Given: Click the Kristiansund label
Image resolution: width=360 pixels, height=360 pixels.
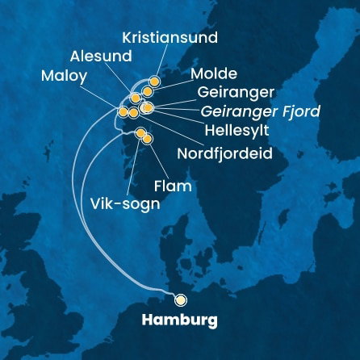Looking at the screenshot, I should (170, 38).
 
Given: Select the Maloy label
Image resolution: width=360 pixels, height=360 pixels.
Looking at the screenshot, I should (66, 76).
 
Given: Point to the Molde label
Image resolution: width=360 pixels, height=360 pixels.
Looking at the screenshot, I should (214, 73).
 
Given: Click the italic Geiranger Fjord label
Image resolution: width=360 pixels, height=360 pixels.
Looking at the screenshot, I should (261, 111).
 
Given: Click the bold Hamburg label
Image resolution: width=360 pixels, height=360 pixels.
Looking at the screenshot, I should (179, 320).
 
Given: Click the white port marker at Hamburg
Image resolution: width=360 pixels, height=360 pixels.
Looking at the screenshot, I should (180, 297).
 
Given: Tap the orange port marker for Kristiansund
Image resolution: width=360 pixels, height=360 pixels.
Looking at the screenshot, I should (154, 82).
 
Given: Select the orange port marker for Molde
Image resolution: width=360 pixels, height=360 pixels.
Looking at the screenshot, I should (148, 91).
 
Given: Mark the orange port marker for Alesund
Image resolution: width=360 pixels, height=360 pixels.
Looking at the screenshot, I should (135, 98).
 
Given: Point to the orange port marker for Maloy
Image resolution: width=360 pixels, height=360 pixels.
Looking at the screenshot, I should (123, 112).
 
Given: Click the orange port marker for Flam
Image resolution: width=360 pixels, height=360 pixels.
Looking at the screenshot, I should (147, 140).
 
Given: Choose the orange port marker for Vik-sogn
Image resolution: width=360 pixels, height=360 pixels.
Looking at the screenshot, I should (140, 132).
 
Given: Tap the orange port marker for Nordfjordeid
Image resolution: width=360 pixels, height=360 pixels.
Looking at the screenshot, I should (133, 112).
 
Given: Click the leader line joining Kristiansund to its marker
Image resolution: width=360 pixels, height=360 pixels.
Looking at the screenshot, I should (161, 61).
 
